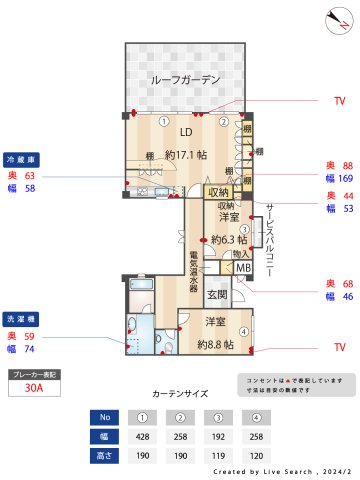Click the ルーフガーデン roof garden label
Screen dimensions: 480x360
pyautogui.click(x=186, y=80)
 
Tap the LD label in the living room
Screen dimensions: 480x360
pyautogui.click(x=186, y=132)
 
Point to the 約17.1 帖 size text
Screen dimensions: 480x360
pyautogui.click(x=186, y=155)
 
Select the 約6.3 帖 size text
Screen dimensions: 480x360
pyautogui.click(x=227, y=240)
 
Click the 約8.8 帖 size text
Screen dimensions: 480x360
pyautogui.click(x=216, y=344)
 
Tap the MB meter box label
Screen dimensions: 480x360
pyautogui.click(x=243, y=268)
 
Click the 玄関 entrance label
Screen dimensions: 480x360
pyautogui.click(x=218, y=294)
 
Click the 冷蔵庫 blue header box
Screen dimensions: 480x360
pyautogui.click(x=22, y=159)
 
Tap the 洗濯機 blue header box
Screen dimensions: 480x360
pyautogui.click(x=22, y=319)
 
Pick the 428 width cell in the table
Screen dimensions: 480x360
pyautogui.click(x=143, y=436)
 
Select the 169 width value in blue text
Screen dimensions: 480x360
pyautogui.click(x=346, y=180)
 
